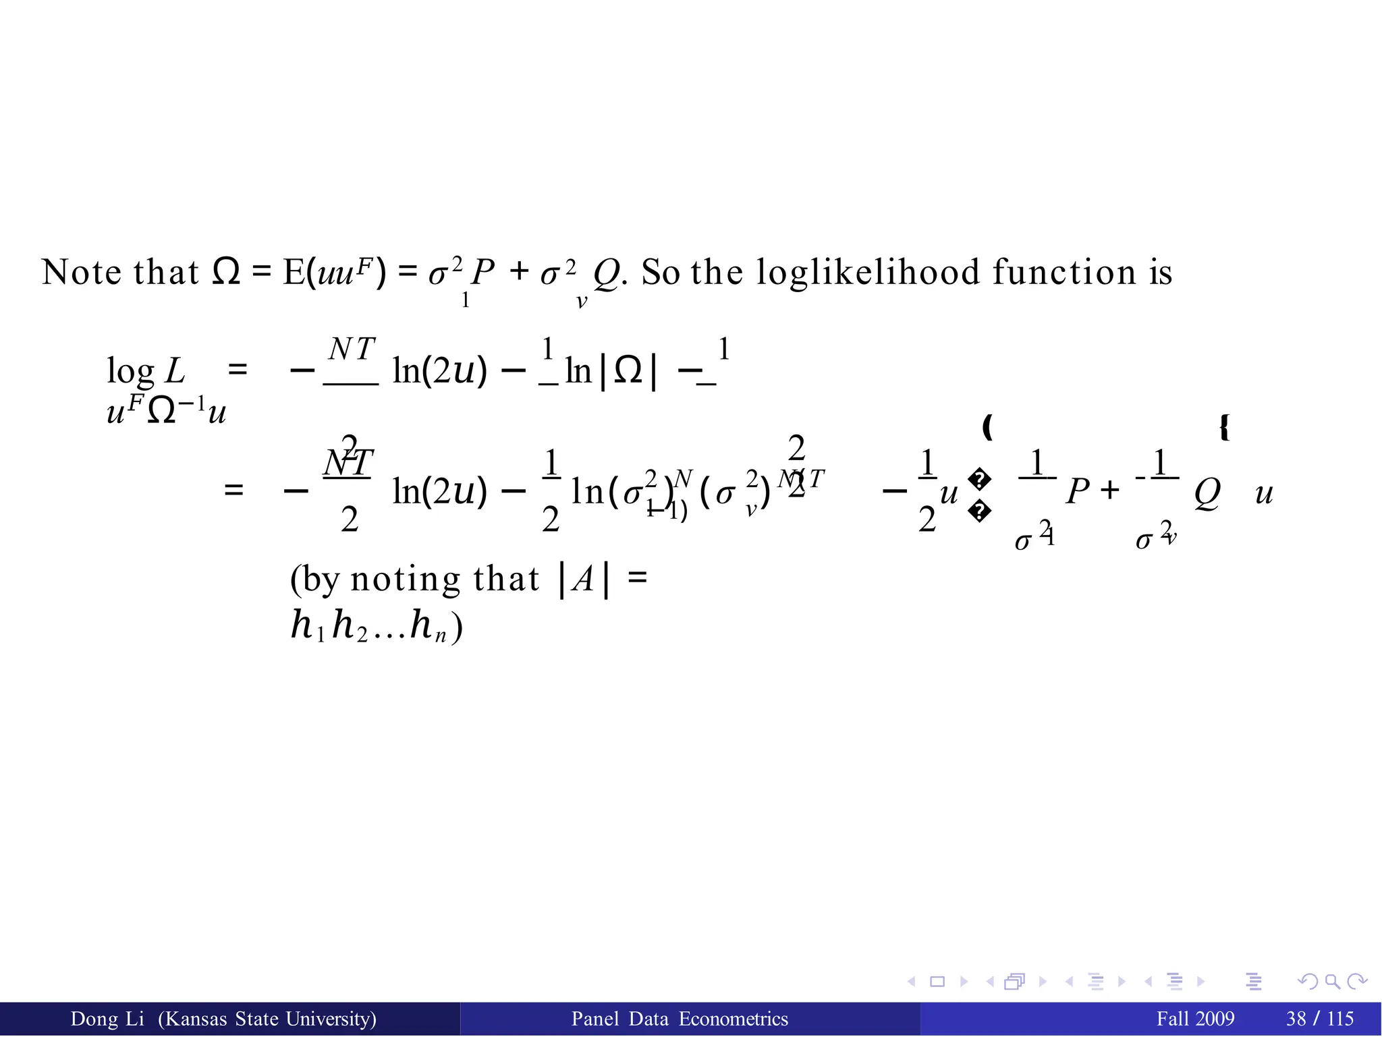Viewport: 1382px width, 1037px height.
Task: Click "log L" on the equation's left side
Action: (146, 370)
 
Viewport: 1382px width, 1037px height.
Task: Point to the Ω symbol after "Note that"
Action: (226, 272)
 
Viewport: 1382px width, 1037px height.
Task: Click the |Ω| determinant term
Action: (628, 370)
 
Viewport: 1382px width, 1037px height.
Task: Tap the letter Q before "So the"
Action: (605, 274)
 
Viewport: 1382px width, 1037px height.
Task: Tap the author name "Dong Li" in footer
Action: (107, 1019)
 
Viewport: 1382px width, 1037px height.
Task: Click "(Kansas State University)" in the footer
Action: (267, 1019)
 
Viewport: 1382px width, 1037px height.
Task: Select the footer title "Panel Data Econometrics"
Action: (680, 1019)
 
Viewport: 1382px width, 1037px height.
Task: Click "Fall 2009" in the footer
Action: (1195, 1019)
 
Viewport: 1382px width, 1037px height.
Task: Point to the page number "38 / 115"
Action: (1320, 1019)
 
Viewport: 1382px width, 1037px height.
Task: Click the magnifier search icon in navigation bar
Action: (1332, 982)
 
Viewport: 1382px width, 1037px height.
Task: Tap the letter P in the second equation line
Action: (1078, 492)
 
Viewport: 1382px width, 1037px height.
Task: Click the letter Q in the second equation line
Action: (1207, 493)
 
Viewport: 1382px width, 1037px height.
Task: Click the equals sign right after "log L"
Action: (238, 370)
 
